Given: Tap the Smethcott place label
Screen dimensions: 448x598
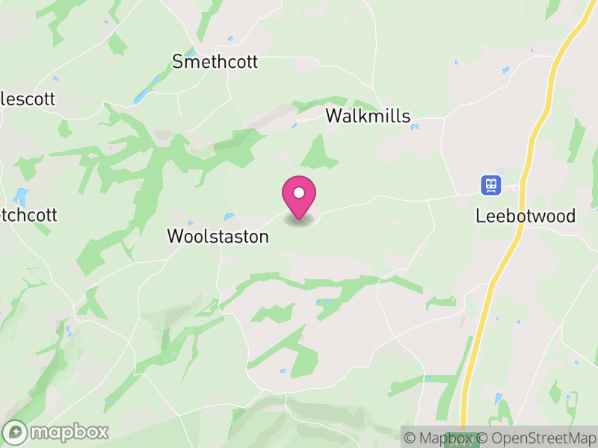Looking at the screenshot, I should point(215,61).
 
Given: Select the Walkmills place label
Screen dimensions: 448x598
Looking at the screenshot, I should point(368,116).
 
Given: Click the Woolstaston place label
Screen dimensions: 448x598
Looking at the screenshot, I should point(218,237).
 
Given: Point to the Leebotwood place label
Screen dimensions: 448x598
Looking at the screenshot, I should point(525,217).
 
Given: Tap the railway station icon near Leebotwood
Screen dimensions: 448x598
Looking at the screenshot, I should point(490,184).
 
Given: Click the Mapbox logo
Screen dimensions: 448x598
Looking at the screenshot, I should point(56,432).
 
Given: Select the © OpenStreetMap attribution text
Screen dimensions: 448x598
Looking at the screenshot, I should point(537,438).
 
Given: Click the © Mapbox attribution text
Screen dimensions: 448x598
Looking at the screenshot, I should point(439,438).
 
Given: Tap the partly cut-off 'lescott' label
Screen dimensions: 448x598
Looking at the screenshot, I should point(28,99).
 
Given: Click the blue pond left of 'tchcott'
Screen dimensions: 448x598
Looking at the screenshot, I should point(20,198).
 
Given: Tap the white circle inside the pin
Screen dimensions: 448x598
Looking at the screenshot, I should point(299,193).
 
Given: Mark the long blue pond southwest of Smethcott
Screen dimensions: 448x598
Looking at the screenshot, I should point(143,95).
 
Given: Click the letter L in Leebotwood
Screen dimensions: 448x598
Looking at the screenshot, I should point(480,217).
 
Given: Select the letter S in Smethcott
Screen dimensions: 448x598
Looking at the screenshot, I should point(178,61).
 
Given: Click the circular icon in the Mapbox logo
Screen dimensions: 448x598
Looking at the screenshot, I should point(15,432).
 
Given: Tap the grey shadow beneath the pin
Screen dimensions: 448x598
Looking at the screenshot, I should point(299,221).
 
